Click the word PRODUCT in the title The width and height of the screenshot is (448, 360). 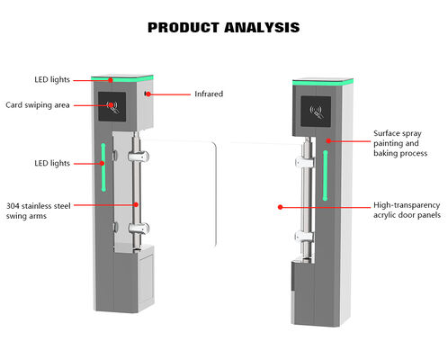click(x=184, y=28)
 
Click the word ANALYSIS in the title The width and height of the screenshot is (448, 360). click(x=261, y=28)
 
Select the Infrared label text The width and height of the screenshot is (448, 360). click(x=209, y=94)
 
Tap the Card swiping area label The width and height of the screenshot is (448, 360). click(x=38, y=105)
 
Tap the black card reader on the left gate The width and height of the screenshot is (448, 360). click(x=112, y=107)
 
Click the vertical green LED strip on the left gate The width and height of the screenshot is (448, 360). click(x=104, y=164)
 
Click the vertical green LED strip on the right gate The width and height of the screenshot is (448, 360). click(x=325, y=175)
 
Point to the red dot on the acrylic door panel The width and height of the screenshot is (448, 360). click(x=280, y=207)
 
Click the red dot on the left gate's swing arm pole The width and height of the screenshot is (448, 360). click(x=137, y=205)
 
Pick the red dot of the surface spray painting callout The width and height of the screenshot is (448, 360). click(x=329, y=141)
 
